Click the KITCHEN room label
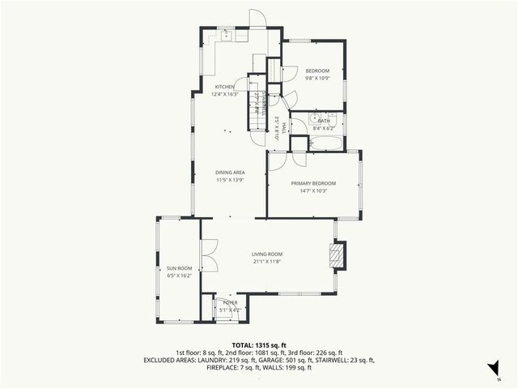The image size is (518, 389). coord(224,87)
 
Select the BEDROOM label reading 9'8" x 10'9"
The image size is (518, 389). coord(316,71)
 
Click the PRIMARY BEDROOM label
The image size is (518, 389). coord(313,183)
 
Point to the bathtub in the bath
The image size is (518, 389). coord(325,144)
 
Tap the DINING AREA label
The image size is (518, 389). coord(230,173)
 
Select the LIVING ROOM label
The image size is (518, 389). coord(266,254)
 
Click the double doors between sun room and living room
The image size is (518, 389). coord(209,258)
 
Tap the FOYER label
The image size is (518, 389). coord(231,301)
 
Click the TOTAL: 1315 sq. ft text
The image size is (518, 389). coord(258,345)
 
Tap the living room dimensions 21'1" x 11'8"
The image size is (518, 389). coord(266,261)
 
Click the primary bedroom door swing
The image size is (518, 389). coord(278,160)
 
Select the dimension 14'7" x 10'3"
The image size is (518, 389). coord(313,190)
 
